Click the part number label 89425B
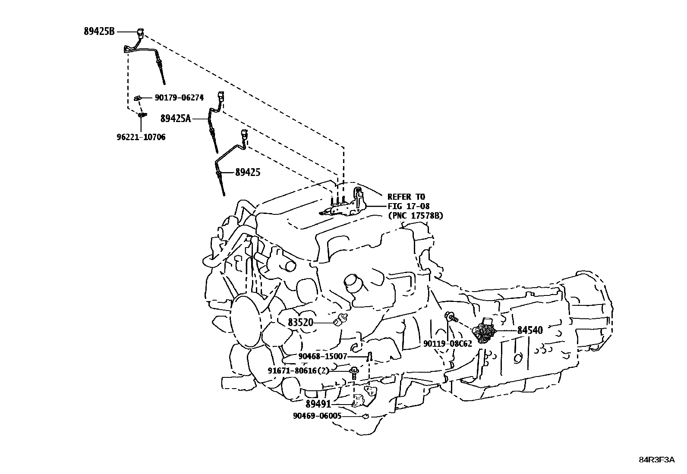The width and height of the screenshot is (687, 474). (x=99, y=31)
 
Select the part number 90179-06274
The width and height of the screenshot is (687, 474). (x=179, y=97)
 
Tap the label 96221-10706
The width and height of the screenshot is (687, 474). (x=141, y=137)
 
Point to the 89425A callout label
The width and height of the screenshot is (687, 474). (x=176, y=118)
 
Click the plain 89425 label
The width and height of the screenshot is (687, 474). (x=248, y=173)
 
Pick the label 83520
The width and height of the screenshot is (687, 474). (x=300, y=322)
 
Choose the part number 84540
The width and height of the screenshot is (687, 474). (x=530, y=330)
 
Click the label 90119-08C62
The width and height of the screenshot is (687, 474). (x=448, y=344)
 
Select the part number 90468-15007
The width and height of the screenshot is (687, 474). (x=323, y=356)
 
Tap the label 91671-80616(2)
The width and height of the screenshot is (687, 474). (x=299, y=370)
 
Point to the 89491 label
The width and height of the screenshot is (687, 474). (x=318, y=404)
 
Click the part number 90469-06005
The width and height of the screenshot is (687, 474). (x=317, y=416)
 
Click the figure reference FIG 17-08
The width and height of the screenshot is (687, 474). (x=409, y=206)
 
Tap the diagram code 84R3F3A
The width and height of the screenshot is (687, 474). (x=657, y=460)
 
